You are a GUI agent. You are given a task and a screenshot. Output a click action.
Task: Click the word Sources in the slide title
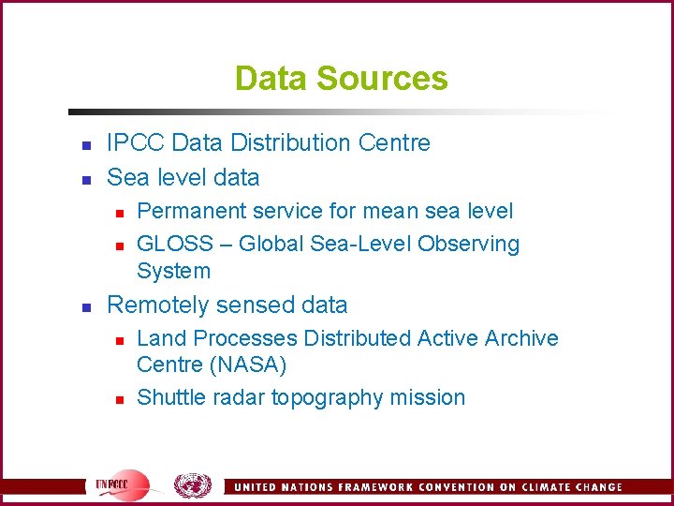click(x=395, y=78)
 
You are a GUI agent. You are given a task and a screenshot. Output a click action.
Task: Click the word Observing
click(x=468, y=244)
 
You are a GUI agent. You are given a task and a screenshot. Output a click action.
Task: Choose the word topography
click(x=326, y=398)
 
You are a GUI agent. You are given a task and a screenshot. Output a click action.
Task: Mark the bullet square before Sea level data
click(x=85, y=178)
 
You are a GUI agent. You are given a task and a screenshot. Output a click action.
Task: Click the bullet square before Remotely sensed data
click(x=85, y=306)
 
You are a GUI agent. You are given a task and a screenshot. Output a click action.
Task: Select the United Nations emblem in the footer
click(x=193, y=485)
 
